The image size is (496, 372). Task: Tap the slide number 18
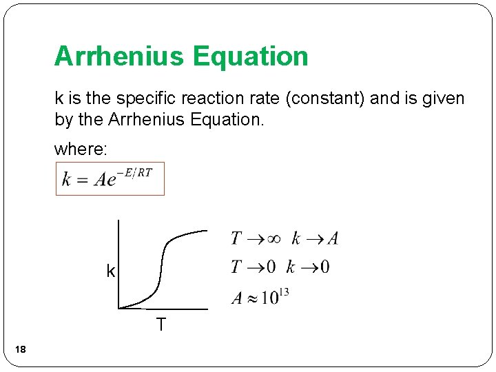[21, 351]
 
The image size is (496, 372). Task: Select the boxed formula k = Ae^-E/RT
[110, 179]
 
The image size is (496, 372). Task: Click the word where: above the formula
[79, 148]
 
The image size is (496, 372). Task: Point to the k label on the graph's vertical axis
[110, 271]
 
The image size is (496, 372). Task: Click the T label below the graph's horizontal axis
[161, 324]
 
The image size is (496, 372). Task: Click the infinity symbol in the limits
[273, 239]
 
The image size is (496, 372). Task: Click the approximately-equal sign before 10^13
[252, 298]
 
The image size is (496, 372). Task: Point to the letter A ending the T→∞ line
[333, 239]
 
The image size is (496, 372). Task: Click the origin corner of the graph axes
[119, 308]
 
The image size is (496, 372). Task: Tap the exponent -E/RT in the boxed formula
[136, 172]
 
